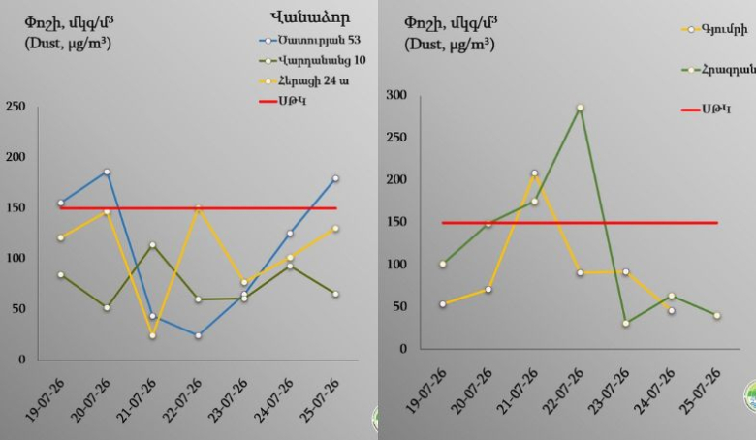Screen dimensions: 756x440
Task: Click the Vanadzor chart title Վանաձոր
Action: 309,17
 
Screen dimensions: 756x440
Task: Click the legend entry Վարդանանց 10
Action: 312,61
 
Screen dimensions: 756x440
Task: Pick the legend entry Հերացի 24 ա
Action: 304,80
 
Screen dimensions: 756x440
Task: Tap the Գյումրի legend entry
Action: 714,29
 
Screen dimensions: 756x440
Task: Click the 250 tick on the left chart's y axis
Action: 16,106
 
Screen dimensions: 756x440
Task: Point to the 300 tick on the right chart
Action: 396,95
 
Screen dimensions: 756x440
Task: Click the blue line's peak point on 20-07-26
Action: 107,173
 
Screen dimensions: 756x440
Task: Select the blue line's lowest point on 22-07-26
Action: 198,335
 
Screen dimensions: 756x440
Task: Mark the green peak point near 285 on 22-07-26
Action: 580,108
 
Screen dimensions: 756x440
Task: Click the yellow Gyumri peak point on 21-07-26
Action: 534,173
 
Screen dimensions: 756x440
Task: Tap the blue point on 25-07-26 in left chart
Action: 335,178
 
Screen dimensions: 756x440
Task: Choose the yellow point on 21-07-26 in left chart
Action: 152,335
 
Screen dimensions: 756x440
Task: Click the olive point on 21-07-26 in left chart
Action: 152,245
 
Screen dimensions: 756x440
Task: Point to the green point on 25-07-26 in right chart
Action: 717,316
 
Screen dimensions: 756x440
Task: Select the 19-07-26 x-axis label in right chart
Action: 426,391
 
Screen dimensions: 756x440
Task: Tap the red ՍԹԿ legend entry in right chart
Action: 706,109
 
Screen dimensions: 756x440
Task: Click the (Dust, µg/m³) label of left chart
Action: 68,44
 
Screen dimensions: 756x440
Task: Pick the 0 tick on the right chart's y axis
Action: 403,349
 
